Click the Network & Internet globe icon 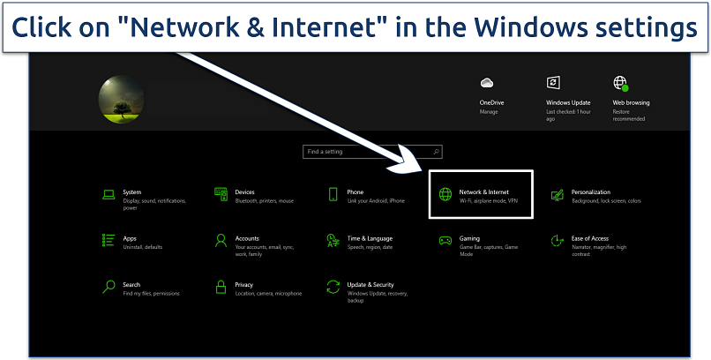445,194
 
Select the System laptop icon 109,194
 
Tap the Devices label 244,191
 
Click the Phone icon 333,194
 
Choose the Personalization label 590,191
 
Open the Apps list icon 109,240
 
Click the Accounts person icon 221,240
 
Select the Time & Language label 370,238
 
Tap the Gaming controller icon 445,240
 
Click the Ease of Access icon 557,240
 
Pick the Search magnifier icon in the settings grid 109,287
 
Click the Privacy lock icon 221,287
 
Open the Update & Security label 370,285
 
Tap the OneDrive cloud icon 486,83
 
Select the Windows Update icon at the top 553,83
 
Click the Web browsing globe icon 620,83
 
